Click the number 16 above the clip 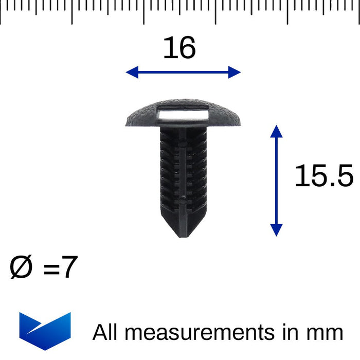(179, 48)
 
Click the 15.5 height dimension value (323, 177)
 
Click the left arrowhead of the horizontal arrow (132, 72)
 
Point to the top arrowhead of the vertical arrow (277, 131)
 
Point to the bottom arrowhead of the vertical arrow (277, 230)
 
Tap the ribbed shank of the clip (183, 170)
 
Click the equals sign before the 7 (51, 269)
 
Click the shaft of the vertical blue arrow (277, 180)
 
